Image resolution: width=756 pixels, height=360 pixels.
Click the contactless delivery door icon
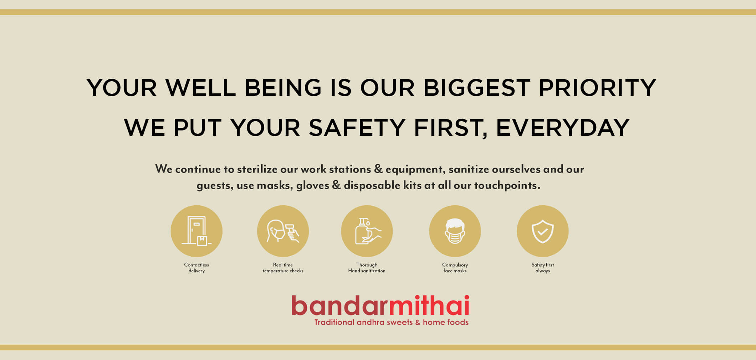[x=196, y=231]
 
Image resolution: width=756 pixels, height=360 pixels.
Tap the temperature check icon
[x=283, y=231]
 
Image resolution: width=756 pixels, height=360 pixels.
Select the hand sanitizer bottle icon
[x=367, y=231]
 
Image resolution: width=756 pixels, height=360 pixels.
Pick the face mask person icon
[x=455, y=231]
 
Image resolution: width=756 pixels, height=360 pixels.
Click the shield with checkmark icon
[x=543, y=231]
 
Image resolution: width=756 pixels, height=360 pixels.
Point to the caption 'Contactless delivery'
[x=196, y=268]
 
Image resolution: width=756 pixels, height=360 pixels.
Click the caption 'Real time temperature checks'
[x=283, y=268]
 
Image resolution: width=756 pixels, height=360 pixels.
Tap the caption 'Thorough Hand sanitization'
[x=367, y=268]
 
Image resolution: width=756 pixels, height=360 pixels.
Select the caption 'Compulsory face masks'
[x=455, y=268]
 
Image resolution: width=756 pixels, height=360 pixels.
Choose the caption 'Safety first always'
[x=543, y=268]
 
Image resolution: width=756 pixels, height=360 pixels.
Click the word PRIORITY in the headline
[x=597, y=88]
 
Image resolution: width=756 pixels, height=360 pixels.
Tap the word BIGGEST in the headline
[x=477, y=88]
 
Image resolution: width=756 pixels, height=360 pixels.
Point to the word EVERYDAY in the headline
[x=563, y=128]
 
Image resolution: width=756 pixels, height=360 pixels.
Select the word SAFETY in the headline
[x=357, y=128]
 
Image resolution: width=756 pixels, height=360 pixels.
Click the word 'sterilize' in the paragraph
[x=257, y=169]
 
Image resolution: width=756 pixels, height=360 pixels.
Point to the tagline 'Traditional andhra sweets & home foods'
[x=392, y=322]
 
